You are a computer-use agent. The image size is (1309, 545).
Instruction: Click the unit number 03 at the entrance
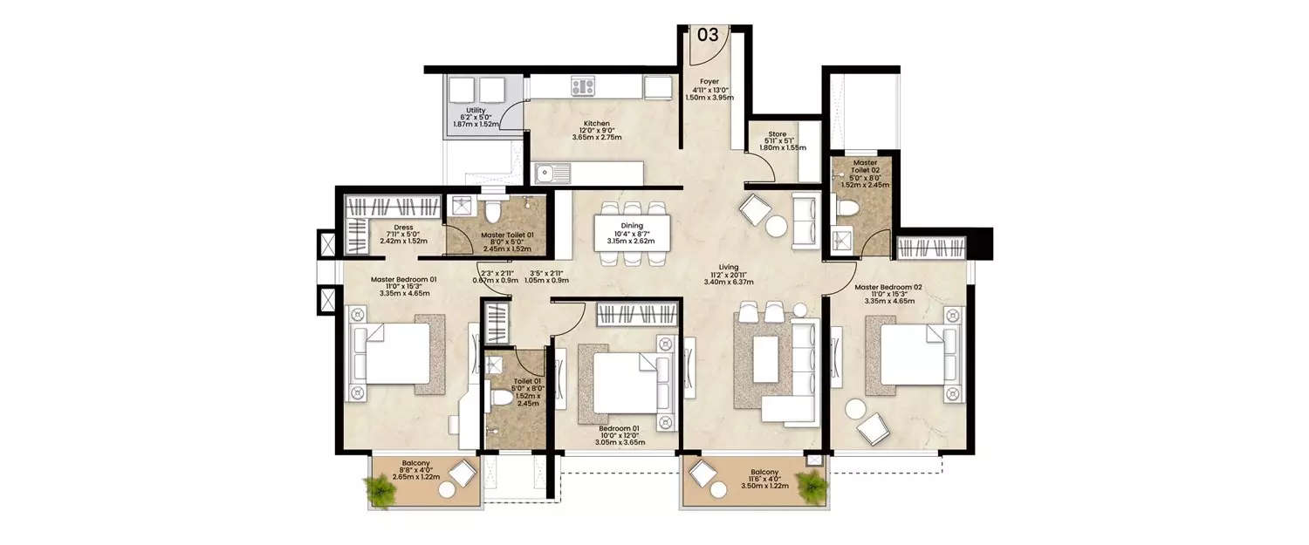click(707, 35)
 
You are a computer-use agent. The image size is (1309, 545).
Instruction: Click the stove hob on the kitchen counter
click(582, 86)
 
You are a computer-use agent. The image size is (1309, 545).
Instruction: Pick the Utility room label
click(476, 111)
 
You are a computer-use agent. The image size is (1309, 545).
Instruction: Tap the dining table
click(632, 231)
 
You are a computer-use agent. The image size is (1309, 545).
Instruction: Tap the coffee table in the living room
click(765, 359)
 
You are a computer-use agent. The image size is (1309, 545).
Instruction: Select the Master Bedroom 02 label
click(889, 286)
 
